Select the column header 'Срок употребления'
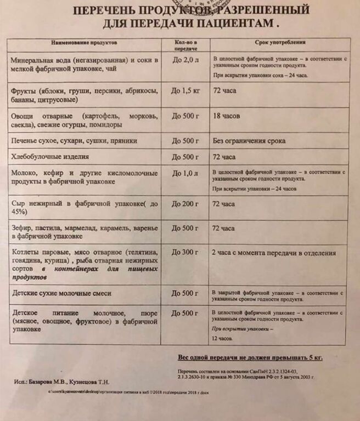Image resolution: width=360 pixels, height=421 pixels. [x=280, y=42]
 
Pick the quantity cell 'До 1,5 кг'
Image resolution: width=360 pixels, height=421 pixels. [x=185, y=90]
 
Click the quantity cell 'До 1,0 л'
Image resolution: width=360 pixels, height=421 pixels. [x=185, y=173]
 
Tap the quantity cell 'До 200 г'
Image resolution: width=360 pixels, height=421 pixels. [x=185, y=204]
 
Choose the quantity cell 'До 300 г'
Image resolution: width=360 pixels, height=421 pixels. [x=185, y=253]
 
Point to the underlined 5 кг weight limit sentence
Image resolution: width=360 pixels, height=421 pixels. [x=250, y=358]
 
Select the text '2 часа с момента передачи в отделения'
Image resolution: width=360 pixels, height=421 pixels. [x=273, y=253]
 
